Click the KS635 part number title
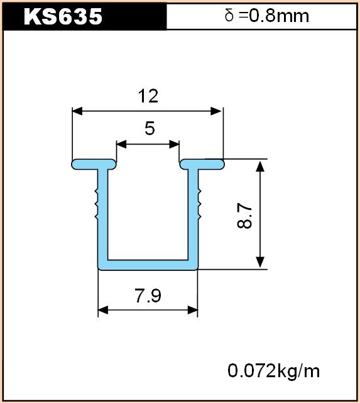point(63,16)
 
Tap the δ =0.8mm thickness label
point(266,16)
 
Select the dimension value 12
point(148,96)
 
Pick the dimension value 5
point(150,128)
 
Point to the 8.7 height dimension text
point(244,216)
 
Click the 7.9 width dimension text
point(148,295)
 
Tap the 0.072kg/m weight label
point(274,371)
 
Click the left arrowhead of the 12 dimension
point(77,111)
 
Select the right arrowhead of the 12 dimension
point(215,111)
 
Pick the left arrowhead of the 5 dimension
point(121,144)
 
